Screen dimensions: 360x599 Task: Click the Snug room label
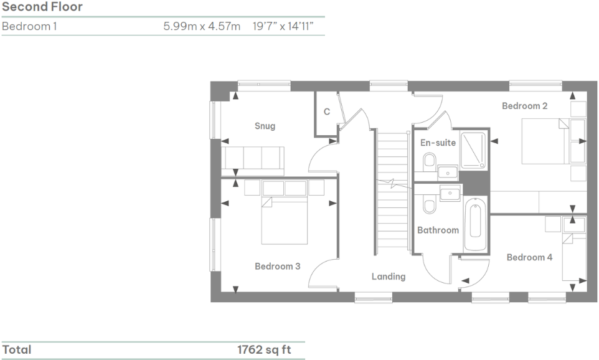265,126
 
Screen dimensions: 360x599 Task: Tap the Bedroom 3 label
277,266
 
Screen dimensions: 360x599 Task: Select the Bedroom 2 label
524,106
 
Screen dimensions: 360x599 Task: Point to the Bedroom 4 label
529,257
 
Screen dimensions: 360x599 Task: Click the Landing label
389,277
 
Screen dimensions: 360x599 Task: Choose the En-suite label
438,143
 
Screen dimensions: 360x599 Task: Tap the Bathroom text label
438,230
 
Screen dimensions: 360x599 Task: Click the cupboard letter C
326,112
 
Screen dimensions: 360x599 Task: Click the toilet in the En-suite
428,163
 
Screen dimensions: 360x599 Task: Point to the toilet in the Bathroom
428,205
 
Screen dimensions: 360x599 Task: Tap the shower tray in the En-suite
475,149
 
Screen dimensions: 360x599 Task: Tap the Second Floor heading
42,7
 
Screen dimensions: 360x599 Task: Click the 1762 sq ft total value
263,350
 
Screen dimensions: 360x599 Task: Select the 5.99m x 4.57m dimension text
201,27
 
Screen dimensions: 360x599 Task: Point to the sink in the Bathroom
450,194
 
